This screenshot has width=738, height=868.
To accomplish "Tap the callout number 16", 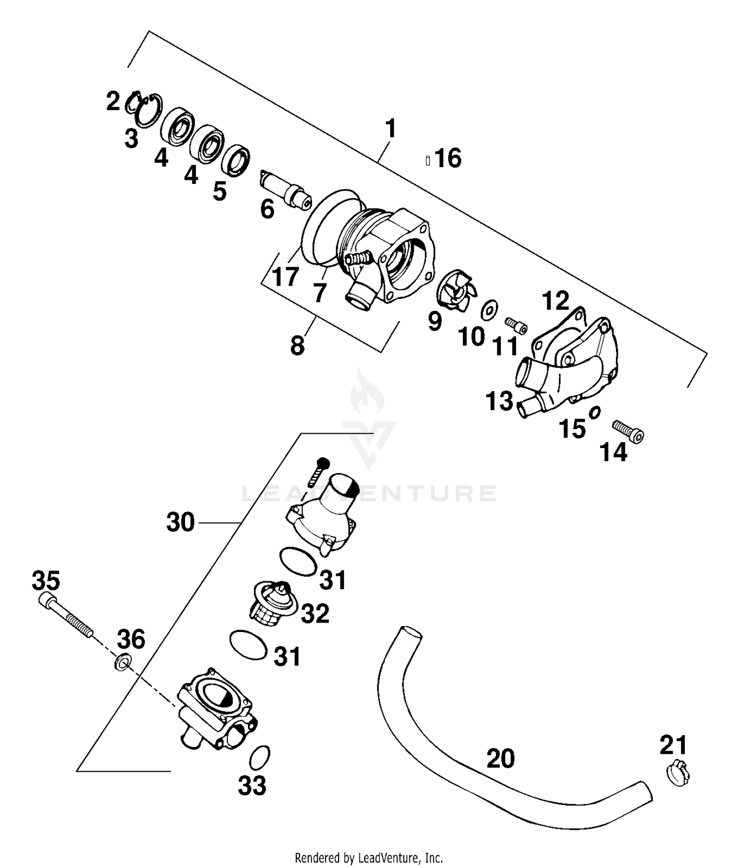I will pyautogui.click(x=448, y=158).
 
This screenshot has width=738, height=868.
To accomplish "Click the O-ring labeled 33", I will pyautogui.click(x=260, y=757).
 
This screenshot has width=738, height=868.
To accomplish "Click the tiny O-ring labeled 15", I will pyautogui.click(x=594, y=412).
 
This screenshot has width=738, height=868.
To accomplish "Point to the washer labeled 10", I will pyautogui.click(x=490, y=309).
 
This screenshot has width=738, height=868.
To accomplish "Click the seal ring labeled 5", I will pyautogui.click(x=236, y=159).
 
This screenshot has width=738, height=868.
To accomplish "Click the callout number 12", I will pyautogui.click(x=555, y=301).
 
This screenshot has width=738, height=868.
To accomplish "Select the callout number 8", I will pyautogui.click(x=297, y=346).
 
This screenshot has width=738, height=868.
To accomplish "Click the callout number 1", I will pyautogui.click(x=390, y=129).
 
